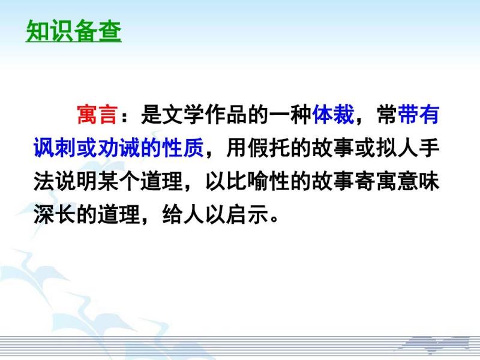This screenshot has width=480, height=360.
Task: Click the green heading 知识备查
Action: pyautogui.click(x=74, y=31)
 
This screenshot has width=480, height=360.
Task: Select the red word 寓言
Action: pyautogui.click(x=97, y=115)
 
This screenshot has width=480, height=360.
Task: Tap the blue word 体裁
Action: pyautogui.click(x=333, y=115)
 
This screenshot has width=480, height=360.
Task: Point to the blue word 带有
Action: pyautogui.click(x=418, y=115)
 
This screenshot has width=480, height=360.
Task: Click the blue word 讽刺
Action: pyautogui.click(x=55, y=148)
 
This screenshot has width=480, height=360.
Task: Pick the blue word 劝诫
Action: pyautogui.click(x=119, y=148)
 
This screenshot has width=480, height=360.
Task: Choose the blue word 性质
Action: pyautogui.click(x=183, y=148)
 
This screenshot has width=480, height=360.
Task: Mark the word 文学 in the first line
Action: pyautogui.click(x=183, y=115)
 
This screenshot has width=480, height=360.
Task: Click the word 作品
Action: pyautogui.click(x=226, y=115)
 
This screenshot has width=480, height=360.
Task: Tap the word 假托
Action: pyautogui.click(x=269, y=148)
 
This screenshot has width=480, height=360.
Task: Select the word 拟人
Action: pyautogui.click(x=397, y=148)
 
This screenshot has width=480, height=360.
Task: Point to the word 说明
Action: pyautogui.click(x=76, y=181)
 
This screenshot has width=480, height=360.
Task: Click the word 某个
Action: pyautogui.click(x=119, y=181)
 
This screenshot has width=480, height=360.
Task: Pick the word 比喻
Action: pyautogui.click(x=247, y=181)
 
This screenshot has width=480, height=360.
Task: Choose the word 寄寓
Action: pyautogui.click(x=376, y=181)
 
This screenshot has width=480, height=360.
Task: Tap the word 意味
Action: pyautogui.click(x=418, y=181)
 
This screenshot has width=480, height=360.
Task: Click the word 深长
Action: pyautogui.click(x=55, y=214)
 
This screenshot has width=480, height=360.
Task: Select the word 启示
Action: pyautogui.click(x=247, y=214)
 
